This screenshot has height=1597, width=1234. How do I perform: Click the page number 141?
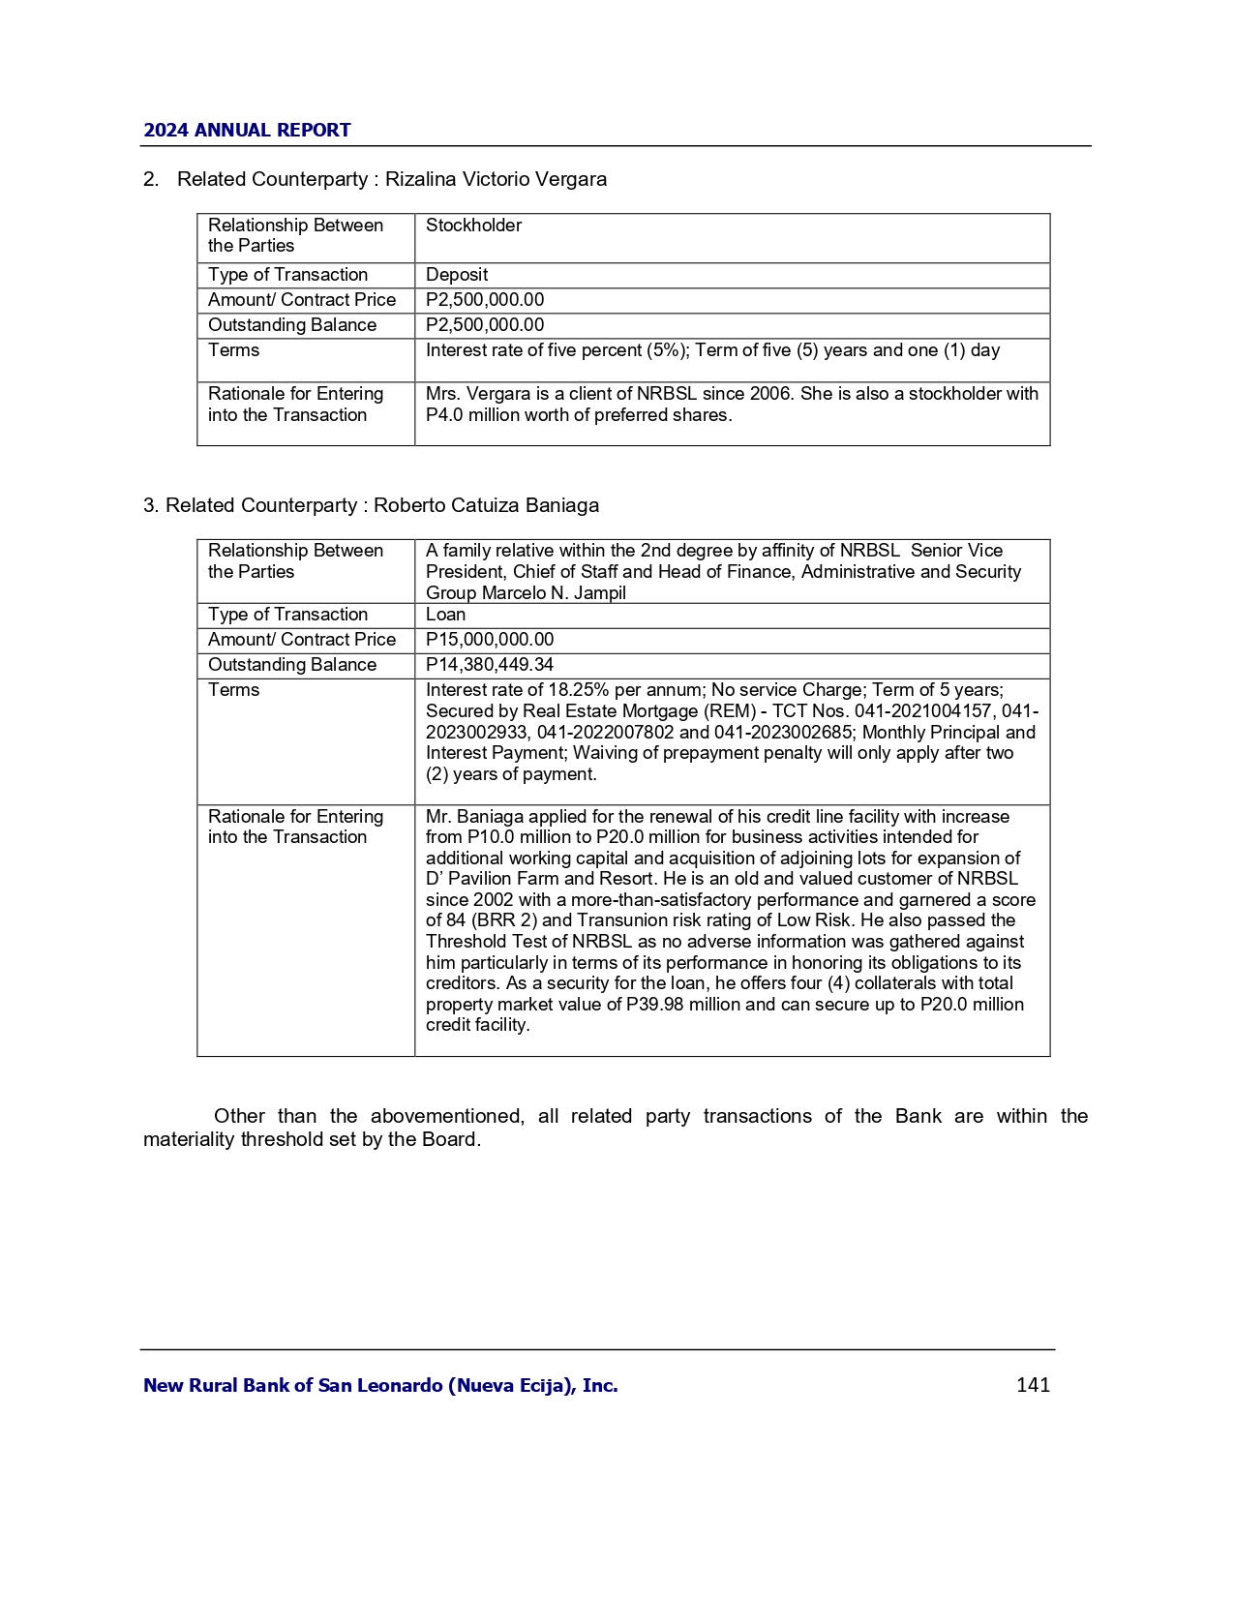(1033, 1385)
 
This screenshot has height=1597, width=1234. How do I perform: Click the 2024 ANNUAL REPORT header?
(247, 130)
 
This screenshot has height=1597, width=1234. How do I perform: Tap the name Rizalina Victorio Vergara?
(496, 179)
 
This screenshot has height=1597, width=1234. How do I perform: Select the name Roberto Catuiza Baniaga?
(486, 505)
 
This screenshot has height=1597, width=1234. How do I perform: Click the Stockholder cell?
(473, 226)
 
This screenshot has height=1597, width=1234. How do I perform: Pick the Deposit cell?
(457, 275)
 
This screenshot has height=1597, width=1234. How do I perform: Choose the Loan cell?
(445, 615)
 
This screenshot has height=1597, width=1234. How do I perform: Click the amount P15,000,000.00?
(490, 640)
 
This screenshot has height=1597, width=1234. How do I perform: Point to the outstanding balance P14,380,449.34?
(490, 665)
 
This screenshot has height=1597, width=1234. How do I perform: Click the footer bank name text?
(380, 1385)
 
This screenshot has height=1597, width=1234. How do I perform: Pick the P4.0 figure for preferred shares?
(444, 415)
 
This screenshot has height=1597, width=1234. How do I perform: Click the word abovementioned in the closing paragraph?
(446, 1116)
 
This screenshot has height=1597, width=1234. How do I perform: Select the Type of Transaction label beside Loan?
(287, 615)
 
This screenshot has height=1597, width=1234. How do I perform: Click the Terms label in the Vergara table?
(234, 350)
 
